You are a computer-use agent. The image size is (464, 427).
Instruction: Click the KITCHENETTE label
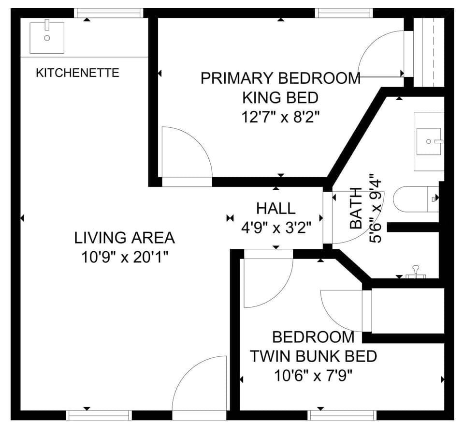point(77,73)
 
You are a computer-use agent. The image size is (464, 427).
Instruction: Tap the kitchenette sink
point(47,37)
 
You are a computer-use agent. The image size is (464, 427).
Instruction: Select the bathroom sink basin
point(429,141)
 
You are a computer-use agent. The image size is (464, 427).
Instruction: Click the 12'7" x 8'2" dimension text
point(281,117)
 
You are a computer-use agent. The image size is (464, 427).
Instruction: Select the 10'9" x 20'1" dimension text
point(124,257)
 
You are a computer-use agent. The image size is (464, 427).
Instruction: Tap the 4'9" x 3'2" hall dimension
point(275,228)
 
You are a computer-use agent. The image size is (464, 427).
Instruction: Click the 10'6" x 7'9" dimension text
point(313,375)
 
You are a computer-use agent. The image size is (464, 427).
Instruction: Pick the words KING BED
point(280,98)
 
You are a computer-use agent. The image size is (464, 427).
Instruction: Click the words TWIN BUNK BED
point(313,356)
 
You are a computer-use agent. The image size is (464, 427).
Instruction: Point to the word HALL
point(275,209)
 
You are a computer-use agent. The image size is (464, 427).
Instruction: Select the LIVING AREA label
point(124,238)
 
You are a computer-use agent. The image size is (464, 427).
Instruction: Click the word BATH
point(356,208)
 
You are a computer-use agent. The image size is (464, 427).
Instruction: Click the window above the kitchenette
point(109,13)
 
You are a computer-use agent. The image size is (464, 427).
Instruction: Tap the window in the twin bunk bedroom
point(342,415)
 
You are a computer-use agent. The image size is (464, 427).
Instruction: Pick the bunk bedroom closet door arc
point(341,310)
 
